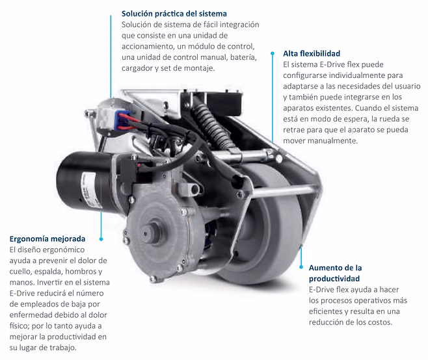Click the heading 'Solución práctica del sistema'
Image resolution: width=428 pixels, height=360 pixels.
[x=174, y=14]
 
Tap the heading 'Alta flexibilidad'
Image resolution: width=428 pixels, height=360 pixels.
[x=312, y=53]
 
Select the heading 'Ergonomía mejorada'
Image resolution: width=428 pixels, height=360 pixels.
[x=47, y=239]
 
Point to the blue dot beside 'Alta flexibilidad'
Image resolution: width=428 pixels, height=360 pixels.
[x=272, y=53]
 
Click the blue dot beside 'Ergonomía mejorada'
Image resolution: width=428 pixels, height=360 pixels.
[x=101, y=239]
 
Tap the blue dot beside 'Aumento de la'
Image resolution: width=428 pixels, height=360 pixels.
[x=301, y=267]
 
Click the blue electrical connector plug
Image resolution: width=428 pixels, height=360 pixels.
[x=122, y=120]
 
